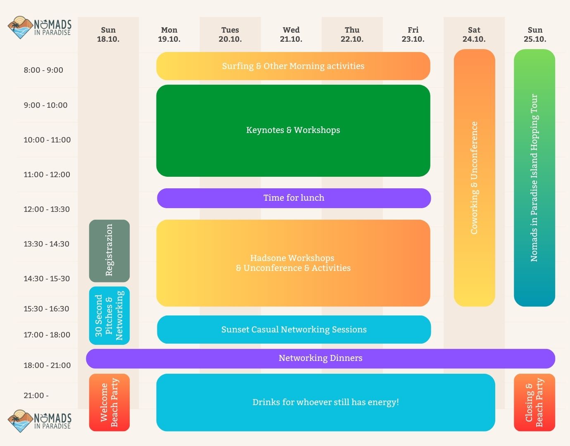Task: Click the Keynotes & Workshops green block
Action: [x=293, y=130]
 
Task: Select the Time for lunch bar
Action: [x=294, y=198]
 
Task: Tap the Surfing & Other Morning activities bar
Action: [x=293, y=66]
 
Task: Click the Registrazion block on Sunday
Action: [x=109, y=251]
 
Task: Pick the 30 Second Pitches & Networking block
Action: [x=109, y=316]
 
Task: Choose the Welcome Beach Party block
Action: [x=109, y=402]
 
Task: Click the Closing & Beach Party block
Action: [x=534, y=402]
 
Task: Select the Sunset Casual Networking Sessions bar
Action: [x=294, y=330]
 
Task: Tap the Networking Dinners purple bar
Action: [x=320, y=358]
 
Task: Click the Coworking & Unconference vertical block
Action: [x=474, y=178]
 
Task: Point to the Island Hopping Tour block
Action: [x=534, y=178]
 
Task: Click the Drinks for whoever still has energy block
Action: [x=325, y=402]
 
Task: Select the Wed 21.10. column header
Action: [x=291, y=35]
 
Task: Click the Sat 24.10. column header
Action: [x=474, y=35]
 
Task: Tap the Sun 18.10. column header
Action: [x=108, y=35]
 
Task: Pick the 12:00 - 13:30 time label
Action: [x=47, y=209]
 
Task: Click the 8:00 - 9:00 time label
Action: [x=43, y=70]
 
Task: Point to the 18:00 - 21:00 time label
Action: [x=47, y=365]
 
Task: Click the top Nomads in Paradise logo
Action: [x=40, y=28]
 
